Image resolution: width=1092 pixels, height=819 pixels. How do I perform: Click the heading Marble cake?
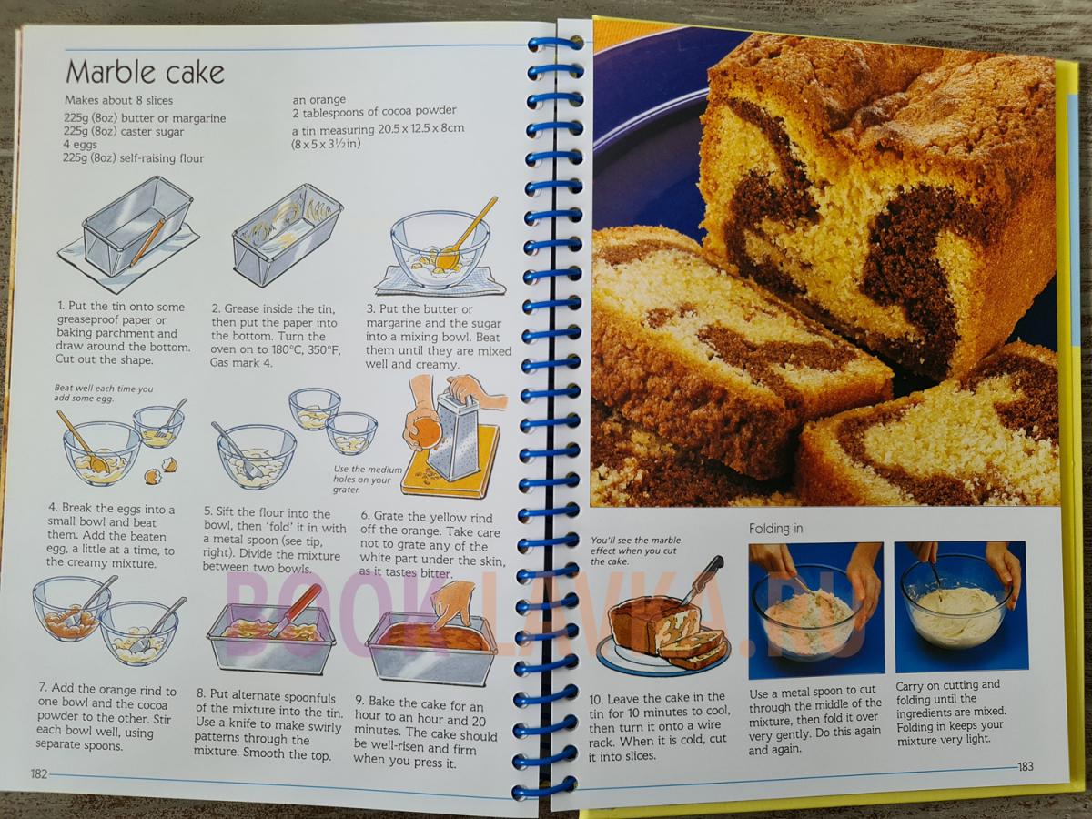pyautogui.click(x=145, y=73)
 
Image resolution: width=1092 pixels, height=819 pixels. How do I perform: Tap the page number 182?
pyautogui.click(x=39, y=774)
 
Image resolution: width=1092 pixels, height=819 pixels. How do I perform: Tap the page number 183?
pyautogui.click(x=1026, y=766)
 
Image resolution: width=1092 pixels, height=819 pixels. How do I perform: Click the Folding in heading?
pyautogui.click(x=775, y=529)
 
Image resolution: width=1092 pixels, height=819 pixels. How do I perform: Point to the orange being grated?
pyautogui.click(x=427, y=432)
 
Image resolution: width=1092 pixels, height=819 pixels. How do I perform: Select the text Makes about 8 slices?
pyautogui.click(x=119, y=100)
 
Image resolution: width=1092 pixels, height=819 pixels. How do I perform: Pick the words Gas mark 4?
pyautogui.click(x=241, y=363)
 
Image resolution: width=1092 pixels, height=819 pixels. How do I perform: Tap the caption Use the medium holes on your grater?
pyautogui.click(x=368, y=480)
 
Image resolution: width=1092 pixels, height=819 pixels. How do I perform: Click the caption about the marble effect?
pyautogui.click(x=635, y=551)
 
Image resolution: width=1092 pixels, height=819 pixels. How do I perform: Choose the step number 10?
pyautogui.click(x=595, y=699)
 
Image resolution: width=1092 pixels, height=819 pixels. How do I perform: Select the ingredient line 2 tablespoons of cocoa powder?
pyautogui.click(x=374, y=111)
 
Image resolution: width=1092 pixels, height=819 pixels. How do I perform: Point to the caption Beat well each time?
pyautogui.click(x=104, y=393)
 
